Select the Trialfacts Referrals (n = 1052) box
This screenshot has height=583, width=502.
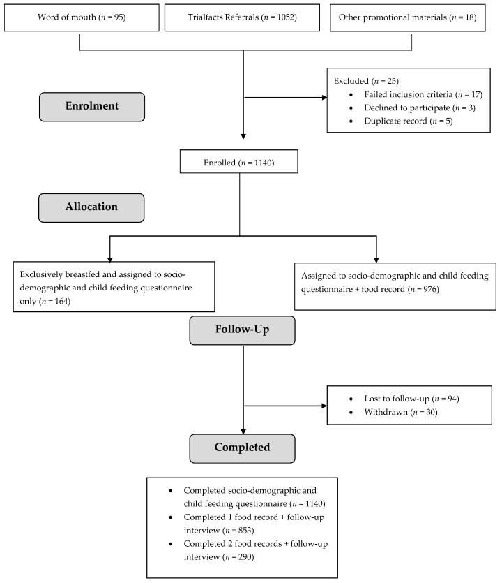click(243, 17)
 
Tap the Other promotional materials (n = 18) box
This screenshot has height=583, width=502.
click(411, 17)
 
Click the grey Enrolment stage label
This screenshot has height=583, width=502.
click(91, 107)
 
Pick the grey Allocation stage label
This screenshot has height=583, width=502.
click(91, 207)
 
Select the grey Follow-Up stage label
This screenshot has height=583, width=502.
click(242, 330)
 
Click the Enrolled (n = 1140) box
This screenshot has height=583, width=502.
click(239, 163)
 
